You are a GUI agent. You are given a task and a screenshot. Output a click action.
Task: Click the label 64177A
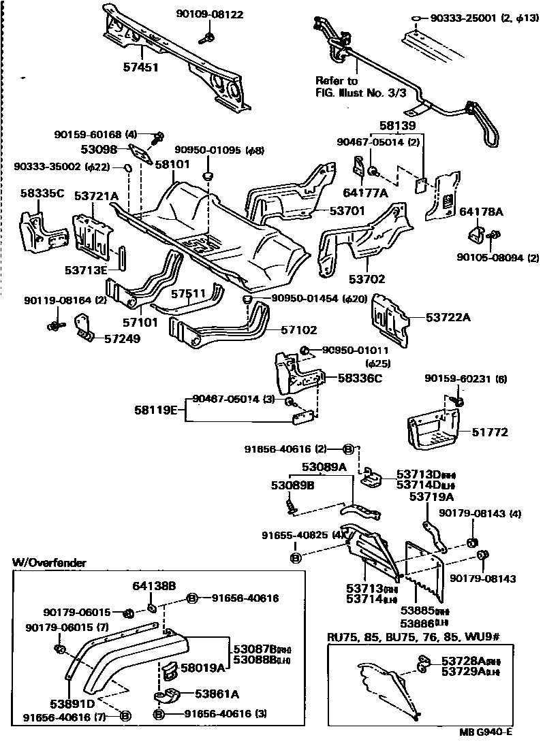[364, 193]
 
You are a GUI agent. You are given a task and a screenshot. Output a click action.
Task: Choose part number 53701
[349, 211]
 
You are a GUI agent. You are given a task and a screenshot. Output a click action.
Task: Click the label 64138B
[154, 585]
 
